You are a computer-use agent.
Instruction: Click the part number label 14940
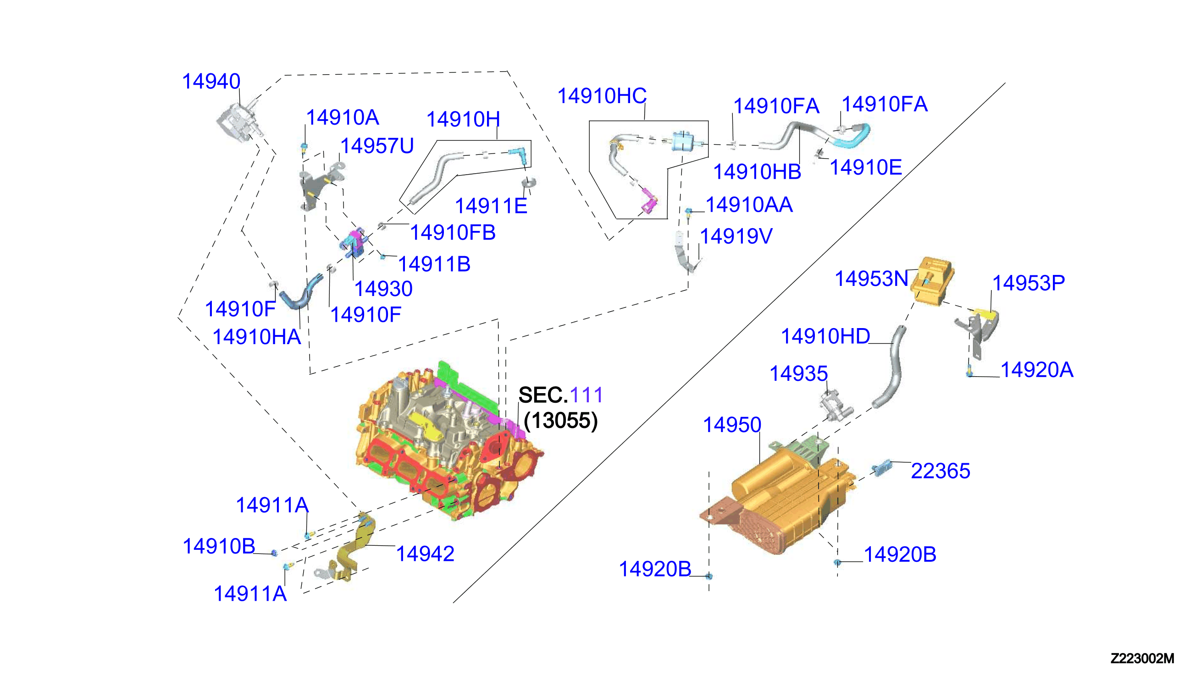tap(211, 82)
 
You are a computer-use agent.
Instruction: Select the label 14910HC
tap(602, 96)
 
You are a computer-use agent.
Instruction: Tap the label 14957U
tap(376, 146)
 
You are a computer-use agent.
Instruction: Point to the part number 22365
tap(940, 471)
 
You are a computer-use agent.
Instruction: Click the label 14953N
tap(872, 279)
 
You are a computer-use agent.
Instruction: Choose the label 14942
tap(425, 554)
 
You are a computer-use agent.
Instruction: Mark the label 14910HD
tap(825, 336)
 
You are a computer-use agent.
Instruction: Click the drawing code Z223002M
tap(1142, 658)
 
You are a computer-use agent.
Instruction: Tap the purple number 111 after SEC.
tap(587, 395)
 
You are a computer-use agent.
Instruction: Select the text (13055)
tap(560, 421)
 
